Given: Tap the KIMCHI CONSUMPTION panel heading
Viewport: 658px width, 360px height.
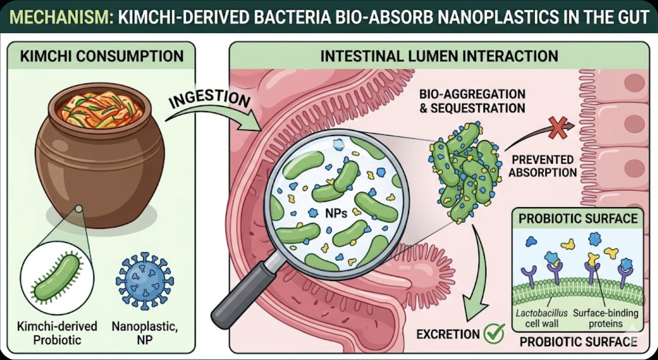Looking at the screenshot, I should coord(101,56).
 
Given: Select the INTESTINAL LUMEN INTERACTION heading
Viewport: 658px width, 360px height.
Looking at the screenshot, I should coord(439,56).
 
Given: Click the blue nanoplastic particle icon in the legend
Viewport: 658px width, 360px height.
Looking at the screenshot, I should coord(145,281).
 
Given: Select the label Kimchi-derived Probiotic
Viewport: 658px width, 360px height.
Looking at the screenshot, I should coord(57,333).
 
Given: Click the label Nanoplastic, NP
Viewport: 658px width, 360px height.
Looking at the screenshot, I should coord(145,333).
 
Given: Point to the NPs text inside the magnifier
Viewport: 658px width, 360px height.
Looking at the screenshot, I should coord(336,213).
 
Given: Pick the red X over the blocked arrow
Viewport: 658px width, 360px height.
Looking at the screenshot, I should coord(557,127).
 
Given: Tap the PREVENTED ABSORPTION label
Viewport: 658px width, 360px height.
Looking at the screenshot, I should coord(542,166).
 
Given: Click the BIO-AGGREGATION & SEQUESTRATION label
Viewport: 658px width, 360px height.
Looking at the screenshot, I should coord(472,101).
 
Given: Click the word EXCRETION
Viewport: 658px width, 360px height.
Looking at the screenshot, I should coord(448,334).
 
